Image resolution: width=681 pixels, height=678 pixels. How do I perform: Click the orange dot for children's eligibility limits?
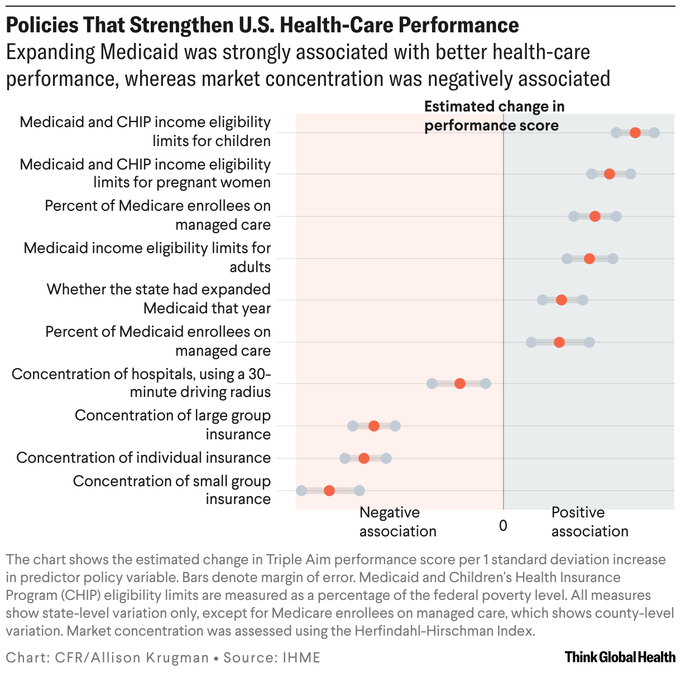pyautogui.click(x=635, y=133)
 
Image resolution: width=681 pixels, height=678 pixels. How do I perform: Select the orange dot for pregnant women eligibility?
pyautogui.click(x=609, y=174)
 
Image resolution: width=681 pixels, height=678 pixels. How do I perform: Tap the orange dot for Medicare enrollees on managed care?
pyautogui.click(x=595, y=216)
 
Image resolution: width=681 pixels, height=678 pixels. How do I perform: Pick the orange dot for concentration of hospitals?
pyautogui.click(x=459, y=384)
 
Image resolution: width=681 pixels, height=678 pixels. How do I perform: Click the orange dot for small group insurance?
pyautogui.click(x=329, y=491)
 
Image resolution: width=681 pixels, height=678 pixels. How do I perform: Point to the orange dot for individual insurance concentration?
pyautogui.click(x=363, y=458)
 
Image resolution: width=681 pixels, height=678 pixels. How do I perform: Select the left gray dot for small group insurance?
pyautogui.click(x=301, y=491)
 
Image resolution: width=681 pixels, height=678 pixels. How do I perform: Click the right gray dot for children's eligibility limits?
pyautogui.click(x=654, y=133)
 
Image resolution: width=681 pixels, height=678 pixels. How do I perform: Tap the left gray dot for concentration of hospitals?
pyautogui.click(x=431, y=384)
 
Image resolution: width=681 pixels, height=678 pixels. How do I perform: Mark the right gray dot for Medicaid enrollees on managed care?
pyautogui.click(x=589, y=342)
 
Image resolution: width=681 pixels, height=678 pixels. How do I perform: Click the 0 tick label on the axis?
pyautogui.click(x=503, y=526)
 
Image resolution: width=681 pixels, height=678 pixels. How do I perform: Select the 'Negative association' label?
pyautogui.click(x=397, y=522)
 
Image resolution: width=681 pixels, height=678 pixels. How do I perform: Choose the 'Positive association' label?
pyautogui.click(x=589, y=522)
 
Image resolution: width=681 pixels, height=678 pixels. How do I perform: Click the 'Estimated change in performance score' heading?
pyautogui.click(x=494, y=116)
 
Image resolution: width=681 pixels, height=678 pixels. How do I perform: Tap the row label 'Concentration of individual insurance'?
pyautogui.click(x=143, y=458)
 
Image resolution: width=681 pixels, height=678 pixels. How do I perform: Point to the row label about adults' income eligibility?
pyautogui.click(x=147, y=257)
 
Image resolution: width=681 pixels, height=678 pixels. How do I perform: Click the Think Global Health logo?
pyautogui.click(x=620, y=657)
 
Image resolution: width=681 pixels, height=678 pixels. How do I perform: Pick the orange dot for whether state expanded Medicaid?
pyautogui.click(x=562, y=300)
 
